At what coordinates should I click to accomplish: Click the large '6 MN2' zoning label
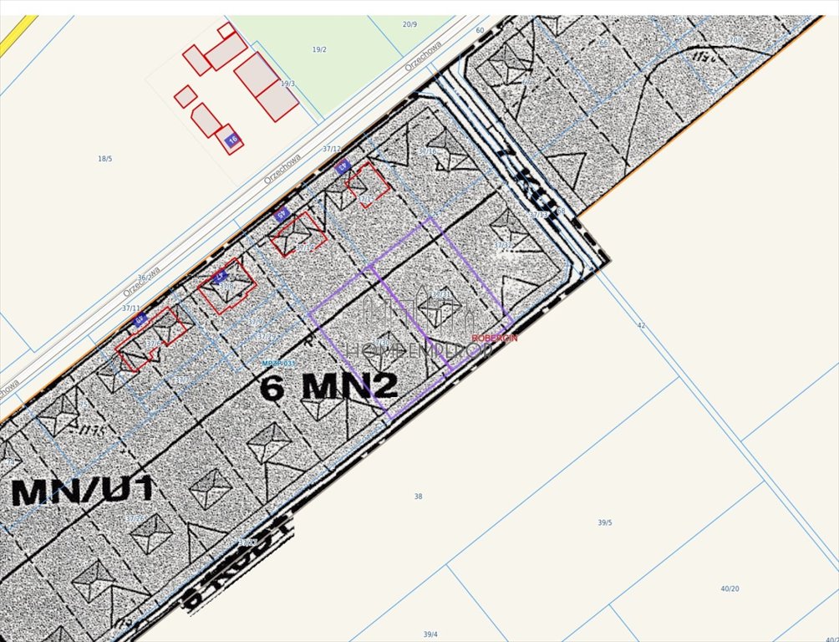(x=328, y=386)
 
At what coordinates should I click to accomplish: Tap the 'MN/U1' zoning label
(x=83, y=491)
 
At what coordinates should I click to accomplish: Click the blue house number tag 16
(x=232, y=139)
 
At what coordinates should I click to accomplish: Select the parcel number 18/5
(x=104, y=158)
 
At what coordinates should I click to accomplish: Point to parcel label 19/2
(x=319, y=49)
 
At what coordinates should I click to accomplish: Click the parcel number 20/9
(x=409, y=24)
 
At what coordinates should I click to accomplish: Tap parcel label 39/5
(x=604, y=522)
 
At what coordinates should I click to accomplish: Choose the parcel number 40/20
(x=730, y=588)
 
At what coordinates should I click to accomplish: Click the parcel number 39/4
(x=430, y=634)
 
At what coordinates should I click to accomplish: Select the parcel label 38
(x=418, y=497)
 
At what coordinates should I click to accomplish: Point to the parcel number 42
(x=641, y=325)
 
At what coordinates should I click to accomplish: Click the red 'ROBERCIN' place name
(x=495, y=338)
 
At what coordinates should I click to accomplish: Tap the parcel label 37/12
(x=332, y=149)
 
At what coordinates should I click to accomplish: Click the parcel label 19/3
(x=287, y=84)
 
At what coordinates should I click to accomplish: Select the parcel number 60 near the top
(x=480, y=30)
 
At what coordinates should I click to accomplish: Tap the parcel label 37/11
(x=131, y=308)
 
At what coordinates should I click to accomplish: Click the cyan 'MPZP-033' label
(x=279, y=363)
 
